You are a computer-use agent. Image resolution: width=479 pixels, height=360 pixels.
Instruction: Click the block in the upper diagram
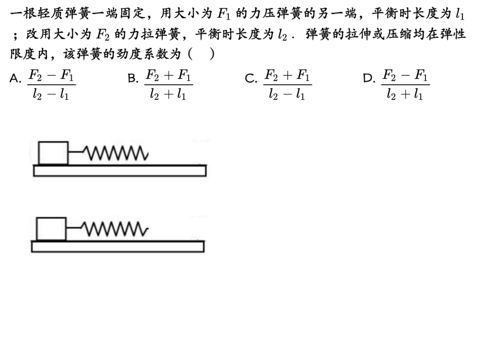tap(53, 153)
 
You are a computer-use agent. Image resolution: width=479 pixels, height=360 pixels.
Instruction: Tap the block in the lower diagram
tap(51, 229)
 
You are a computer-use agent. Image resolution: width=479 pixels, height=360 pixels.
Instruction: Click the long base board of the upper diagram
tap(120, 171)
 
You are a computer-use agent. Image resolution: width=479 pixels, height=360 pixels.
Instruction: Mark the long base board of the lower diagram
tap(118, 247)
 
